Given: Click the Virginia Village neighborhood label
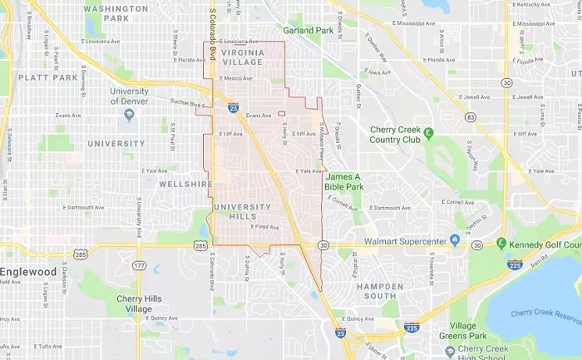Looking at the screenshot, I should coord(241,57).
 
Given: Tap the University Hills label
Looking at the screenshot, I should coord(241,212).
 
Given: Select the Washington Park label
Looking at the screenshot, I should coord(116,13).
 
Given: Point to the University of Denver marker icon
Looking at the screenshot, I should coord(129,114).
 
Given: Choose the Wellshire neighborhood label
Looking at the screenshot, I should coord(185,184).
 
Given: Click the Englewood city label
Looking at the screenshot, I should coord(29,272).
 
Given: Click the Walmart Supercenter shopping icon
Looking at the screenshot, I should coord(454,241).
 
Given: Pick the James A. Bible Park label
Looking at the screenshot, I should coord(345,182).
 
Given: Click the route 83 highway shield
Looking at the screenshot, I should coord(470,117).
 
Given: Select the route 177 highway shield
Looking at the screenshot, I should coord(138,266).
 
